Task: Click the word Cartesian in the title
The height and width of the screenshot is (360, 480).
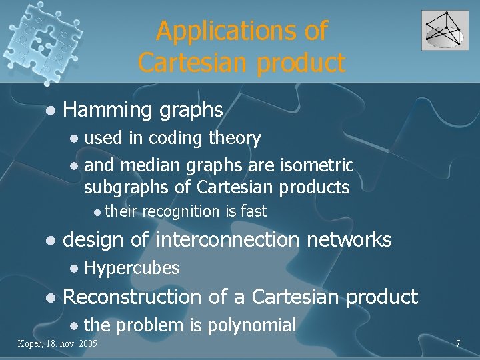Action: (x=189, y=62)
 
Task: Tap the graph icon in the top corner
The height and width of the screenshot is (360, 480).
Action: (x=445, y=30)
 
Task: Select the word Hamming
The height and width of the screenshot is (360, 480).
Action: (x=107, y=109)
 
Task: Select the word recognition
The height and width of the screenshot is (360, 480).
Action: (x=181, y=212)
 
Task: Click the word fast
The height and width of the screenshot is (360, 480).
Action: (x=253, y=212)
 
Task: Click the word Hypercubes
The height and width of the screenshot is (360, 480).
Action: (x=132, y=268)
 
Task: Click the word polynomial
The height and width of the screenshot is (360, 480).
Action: (x=252, y=325)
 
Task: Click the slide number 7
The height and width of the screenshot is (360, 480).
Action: (x=458, y=343)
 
